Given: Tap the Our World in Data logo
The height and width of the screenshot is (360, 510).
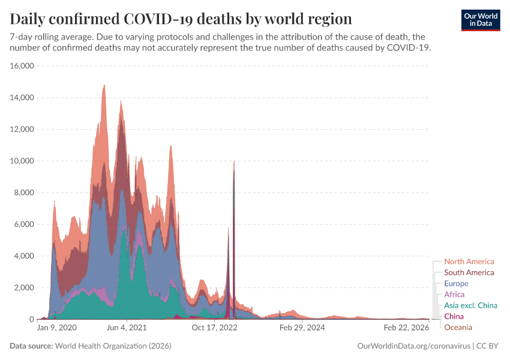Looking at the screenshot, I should (481, 20).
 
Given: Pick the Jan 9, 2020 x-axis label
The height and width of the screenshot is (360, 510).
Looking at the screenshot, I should (57, 328).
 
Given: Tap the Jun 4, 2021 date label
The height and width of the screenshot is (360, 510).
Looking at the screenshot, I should (126, 328).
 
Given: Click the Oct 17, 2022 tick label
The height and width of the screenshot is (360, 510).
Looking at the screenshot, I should (215, 328).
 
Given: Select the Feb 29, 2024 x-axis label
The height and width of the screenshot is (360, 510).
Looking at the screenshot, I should (302, 328).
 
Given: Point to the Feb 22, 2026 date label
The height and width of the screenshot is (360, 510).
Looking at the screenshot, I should (406, 328).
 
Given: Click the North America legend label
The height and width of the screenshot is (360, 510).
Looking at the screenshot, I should (469, 262).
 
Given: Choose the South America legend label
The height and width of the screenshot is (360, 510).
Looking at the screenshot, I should (469, 272).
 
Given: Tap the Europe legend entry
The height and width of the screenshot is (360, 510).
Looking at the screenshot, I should (456, 283).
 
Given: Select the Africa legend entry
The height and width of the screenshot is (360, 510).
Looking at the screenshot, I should (454, 295).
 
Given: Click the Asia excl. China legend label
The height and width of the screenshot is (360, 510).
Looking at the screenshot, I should (470, 305).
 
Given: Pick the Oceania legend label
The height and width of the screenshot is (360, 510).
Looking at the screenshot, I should (458, 327).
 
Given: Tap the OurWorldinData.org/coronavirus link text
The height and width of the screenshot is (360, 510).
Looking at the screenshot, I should (413, 346).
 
